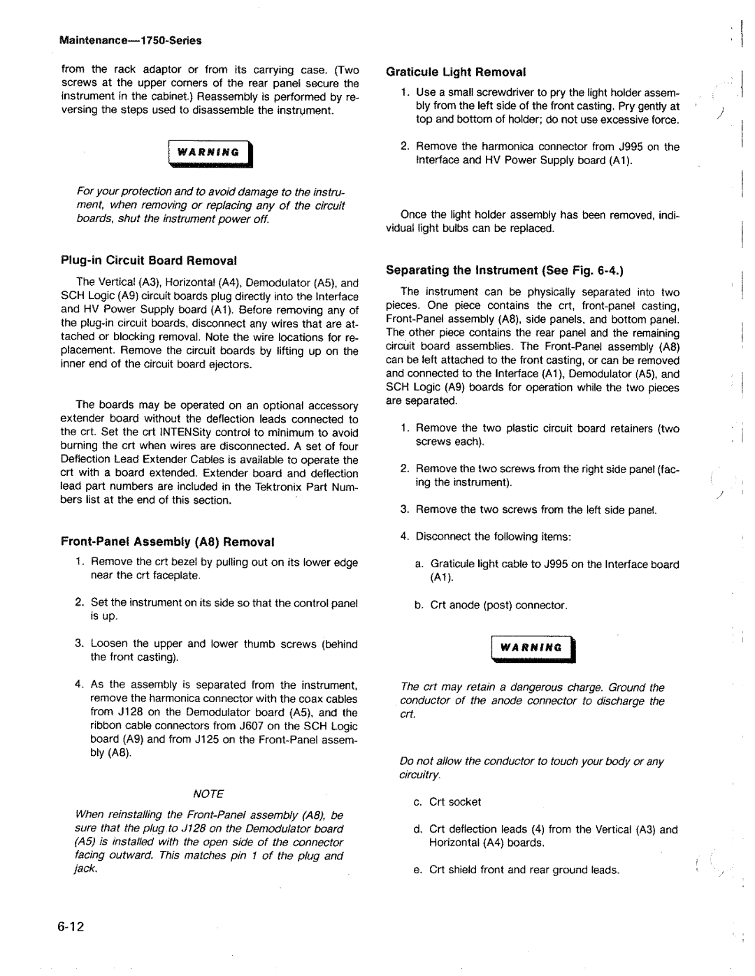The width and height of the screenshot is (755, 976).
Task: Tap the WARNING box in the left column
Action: click(x=209, y=153)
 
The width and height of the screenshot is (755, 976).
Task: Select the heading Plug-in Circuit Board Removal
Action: click(x=149, y=261)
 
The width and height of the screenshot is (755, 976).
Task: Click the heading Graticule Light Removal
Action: click(x=456, y=72)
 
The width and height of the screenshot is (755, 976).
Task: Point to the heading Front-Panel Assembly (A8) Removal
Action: click(x=168, y=541)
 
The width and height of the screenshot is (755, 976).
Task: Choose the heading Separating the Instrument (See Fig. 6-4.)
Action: click(x=504, y=270)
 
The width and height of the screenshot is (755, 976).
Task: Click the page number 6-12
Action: click(x=67, y=927)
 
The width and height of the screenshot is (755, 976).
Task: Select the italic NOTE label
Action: click(x=209, y=794)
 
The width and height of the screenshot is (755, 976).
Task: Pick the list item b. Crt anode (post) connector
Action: click(x=491, y=605)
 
